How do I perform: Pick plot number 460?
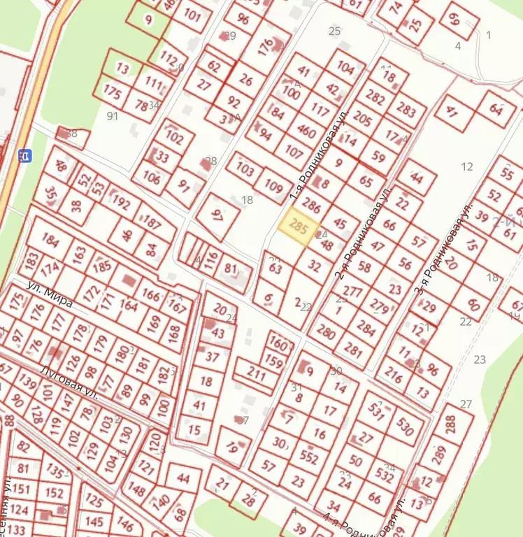(306, 131)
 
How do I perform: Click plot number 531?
(378, 414)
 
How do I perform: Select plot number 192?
(121, 204)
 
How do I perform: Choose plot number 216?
(394, 378)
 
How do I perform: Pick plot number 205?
(362, 118)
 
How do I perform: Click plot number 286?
(313, 207)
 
